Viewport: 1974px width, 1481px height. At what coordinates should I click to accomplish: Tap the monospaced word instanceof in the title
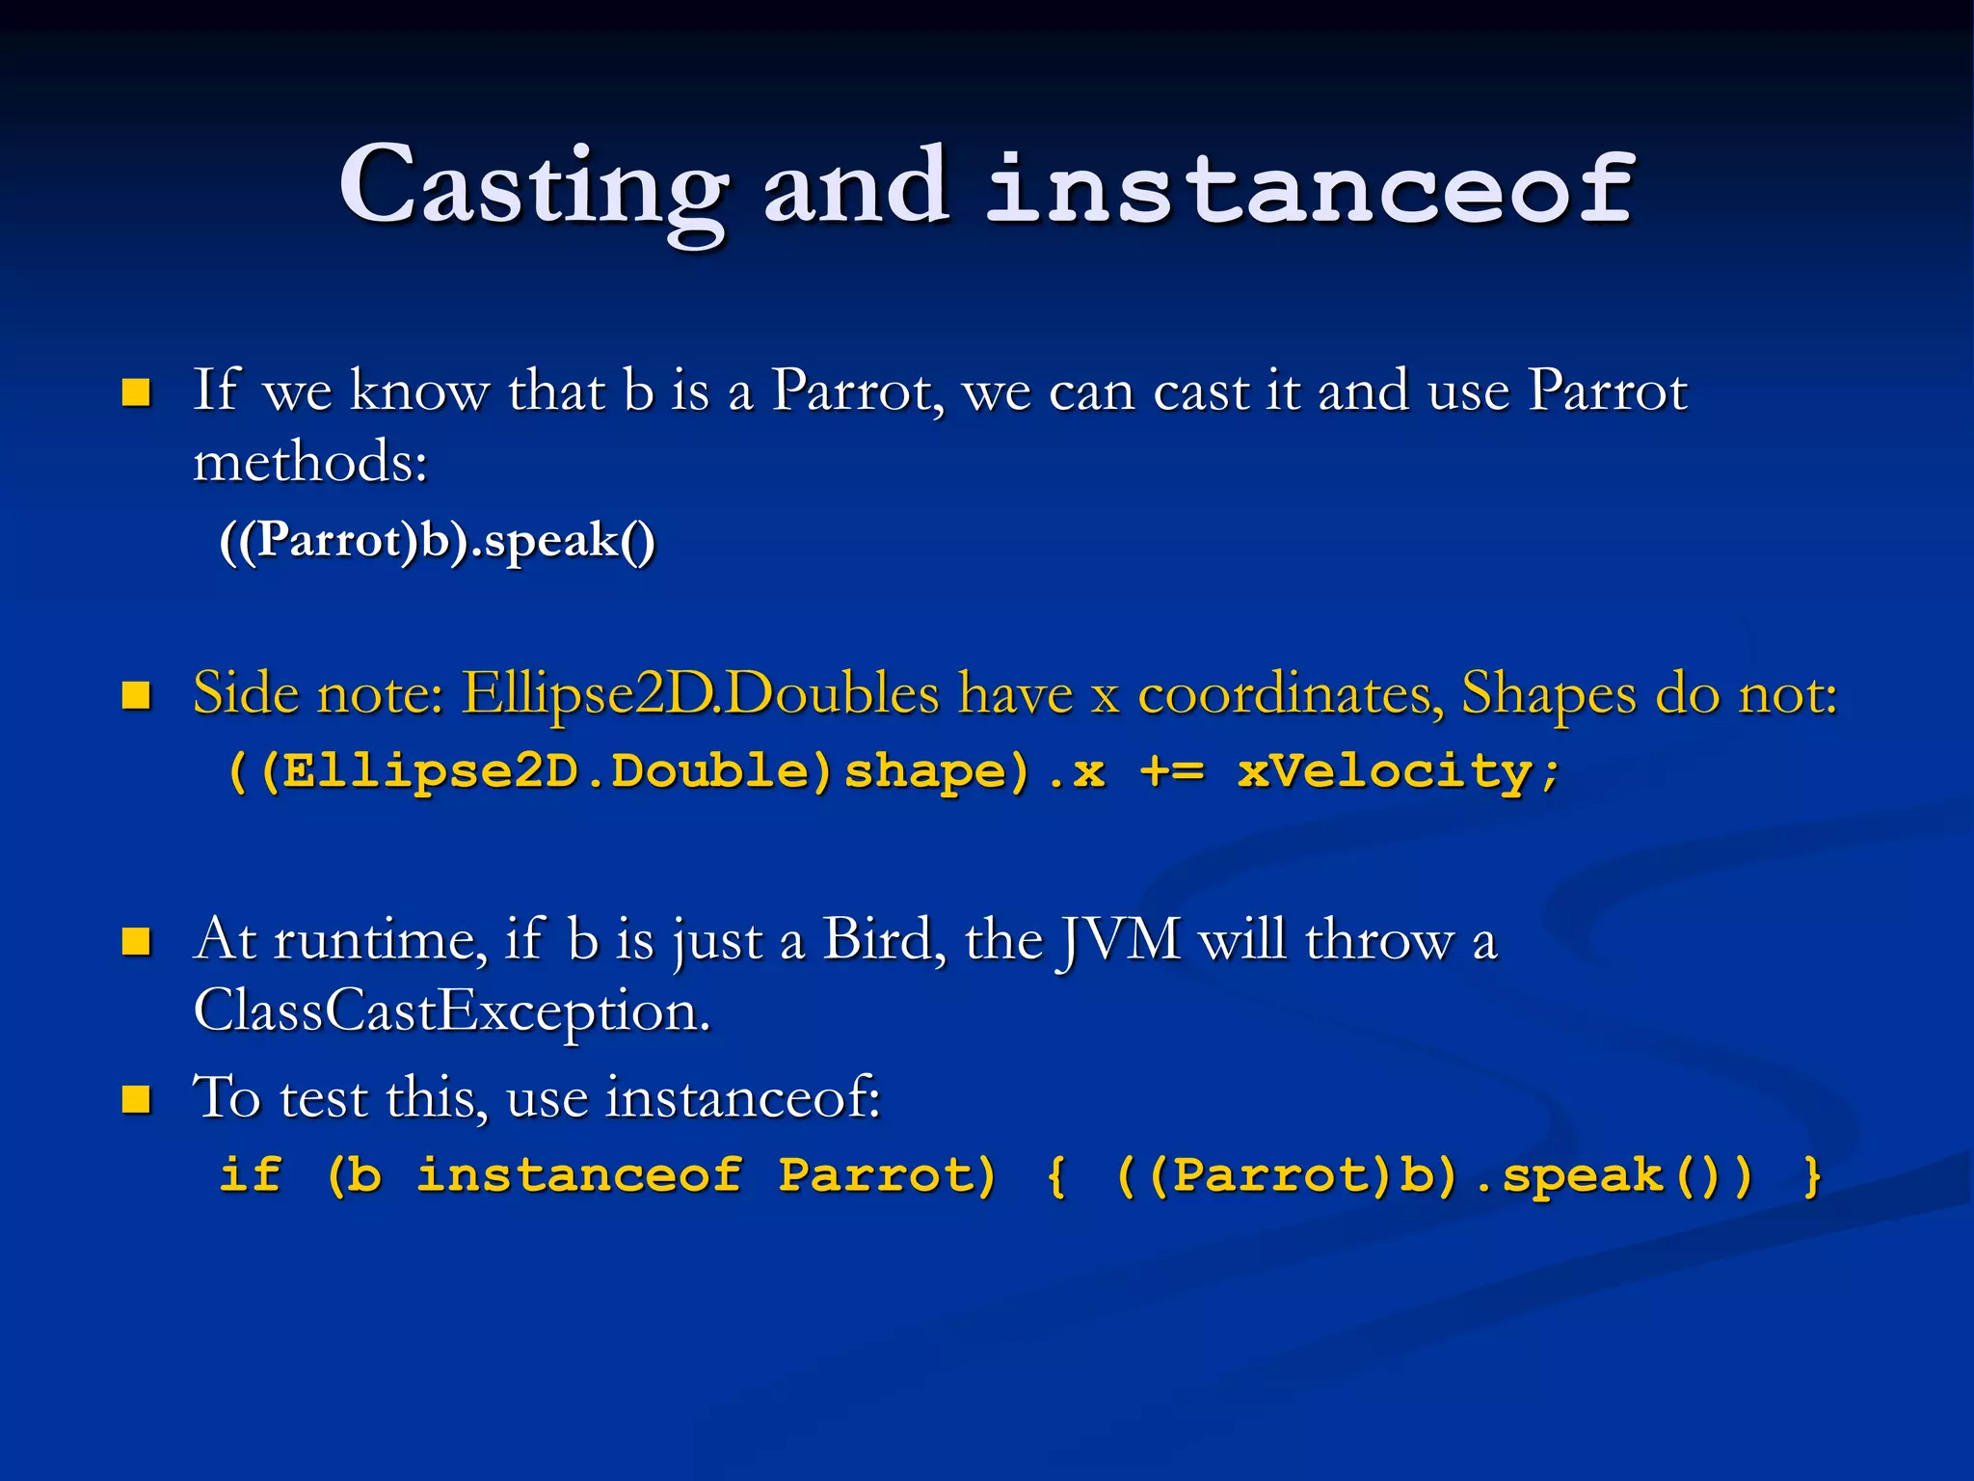[1311, 188]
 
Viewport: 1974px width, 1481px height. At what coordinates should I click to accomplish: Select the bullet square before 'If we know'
[136, 392]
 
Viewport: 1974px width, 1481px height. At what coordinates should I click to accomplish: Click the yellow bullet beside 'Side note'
[136, 694]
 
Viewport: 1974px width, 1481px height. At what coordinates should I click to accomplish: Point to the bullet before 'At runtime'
[136, 941]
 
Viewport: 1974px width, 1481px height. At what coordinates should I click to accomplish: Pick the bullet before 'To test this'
[136, 1099]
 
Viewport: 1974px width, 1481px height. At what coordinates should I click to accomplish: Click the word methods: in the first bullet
[310, 462]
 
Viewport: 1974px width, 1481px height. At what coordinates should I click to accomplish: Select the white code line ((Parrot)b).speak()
[437, 540]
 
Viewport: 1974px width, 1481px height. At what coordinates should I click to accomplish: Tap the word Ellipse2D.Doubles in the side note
[700, 693]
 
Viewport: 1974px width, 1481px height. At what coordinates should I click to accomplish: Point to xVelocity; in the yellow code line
[1398, 771]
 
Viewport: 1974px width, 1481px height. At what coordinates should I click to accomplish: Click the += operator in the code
[1171, 771]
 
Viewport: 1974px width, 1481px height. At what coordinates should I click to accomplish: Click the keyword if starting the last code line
[251, 1175]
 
